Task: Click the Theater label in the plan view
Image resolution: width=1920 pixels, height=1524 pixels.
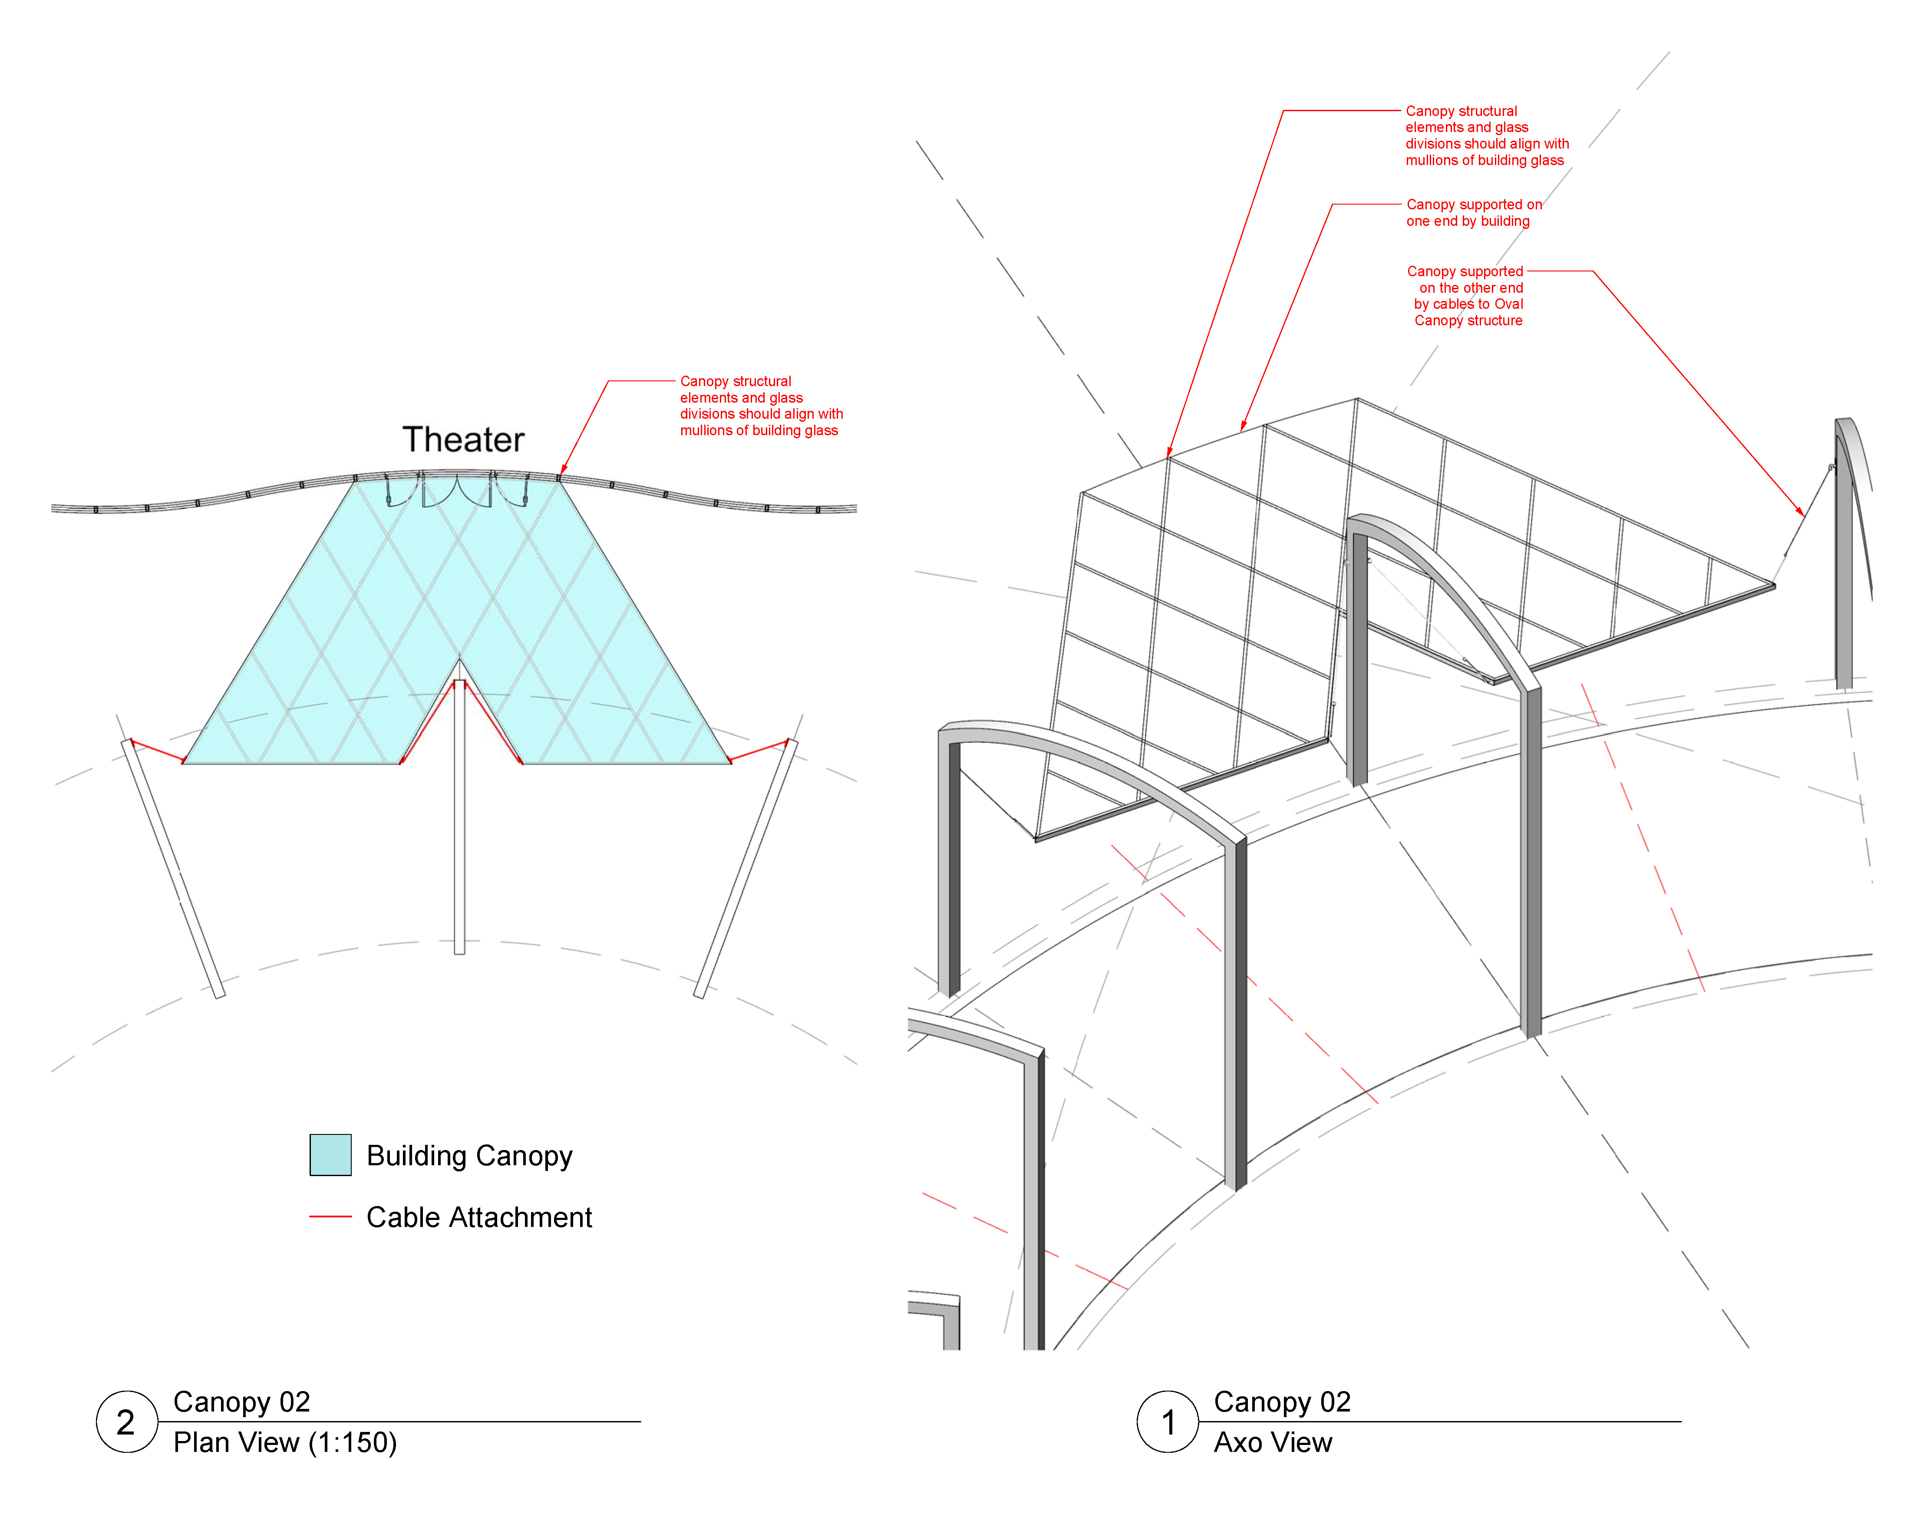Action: tap(463, 440)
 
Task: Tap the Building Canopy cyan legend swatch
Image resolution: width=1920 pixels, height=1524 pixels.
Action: tap(330, 1155)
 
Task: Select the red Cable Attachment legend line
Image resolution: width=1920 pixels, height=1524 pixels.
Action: tap(330, 1216)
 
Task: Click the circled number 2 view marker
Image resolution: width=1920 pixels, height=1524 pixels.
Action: tap(126, 1422)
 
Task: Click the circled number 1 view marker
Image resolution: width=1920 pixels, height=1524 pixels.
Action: tap(1168, 1422)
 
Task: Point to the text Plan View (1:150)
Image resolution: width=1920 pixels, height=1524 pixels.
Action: tap(285, 1442)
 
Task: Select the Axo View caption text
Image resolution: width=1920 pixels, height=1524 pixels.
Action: tap(1273, 1442)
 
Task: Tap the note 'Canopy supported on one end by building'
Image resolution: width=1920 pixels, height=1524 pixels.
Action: tap(1474, 213)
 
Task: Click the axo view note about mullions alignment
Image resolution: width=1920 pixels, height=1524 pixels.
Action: tap(1486, 136)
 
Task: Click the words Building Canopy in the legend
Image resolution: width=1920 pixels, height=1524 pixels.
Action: tap(469, 1155)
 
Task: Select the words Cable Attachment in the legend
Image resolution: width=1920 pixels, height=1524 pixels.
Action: tap(479, 1217)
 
